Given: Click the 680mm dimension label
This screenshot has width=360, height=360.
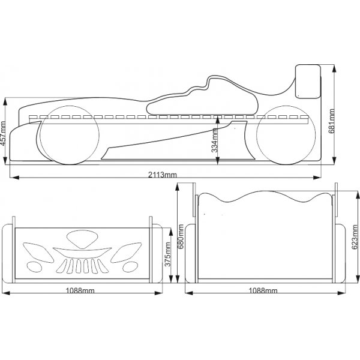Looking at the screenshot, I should (x=181, y=239).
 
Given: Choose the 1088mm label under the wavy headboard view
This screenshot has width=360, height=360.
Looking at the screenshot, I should (x=264, y=290).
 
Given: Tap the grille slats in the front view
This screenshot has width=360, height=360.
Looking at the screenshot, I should (x=83, y=265).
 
